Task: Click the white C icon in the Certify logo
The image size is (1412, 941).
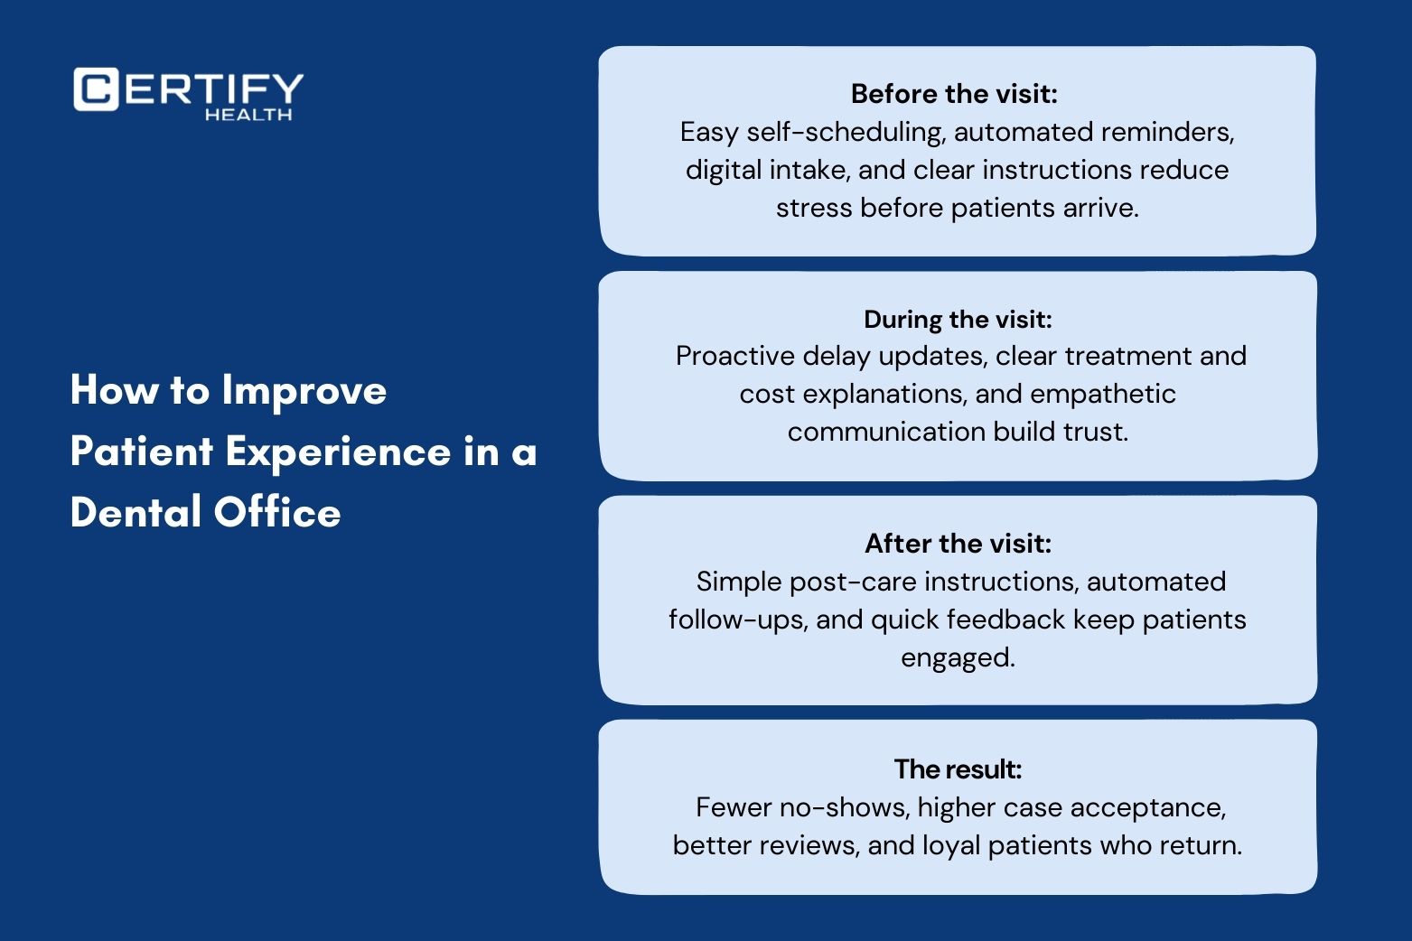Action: point(96,89)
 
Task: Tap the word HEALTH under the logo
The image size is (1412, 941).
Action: point(248,115)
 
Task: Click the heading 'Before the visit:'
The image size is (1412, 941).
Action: point(954,94)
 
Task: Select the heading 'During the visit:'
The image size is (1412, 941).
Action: point(958,320)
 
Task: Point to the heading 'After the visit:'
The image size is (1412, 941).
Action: point(958,544)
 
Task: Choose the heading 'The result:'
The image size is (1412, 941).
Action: point(958,769)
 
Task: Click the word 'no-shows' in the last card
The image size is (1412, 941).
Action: point(845,807)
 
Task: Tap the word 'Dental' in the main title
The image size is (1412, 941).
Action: point(136,511)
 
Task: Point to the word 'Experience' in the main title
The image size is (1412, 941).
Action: point(339,452)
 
